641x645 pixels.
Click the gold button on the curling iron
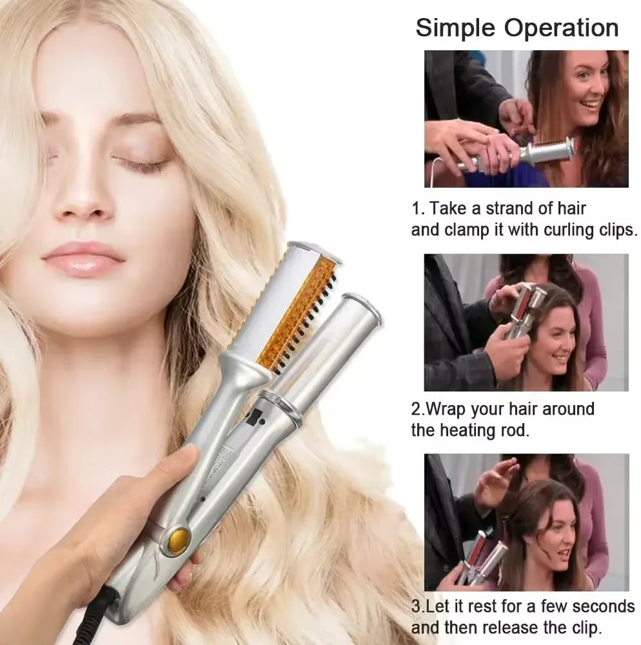tap(179, 535)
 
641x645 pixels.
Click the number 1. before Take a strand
tap(419, 209)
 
